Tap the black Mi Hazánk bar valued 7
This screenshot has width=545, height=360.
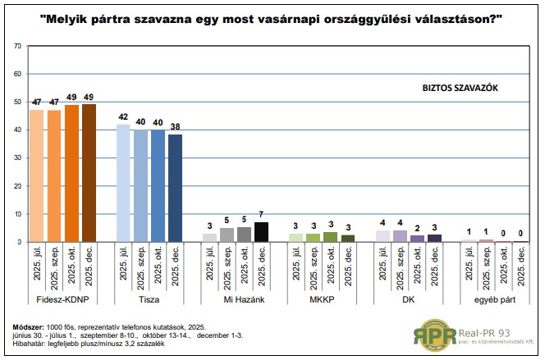261,232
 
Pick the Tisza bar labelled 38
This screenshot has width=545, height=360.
175,188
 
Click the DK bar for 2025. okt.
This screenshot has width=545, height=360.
417,239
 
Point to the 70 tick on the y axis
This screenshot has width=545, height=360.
17,45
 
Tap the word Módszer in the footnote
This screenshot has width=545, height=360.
29,326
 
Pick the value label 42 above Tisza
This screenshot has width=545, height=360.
123,116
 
